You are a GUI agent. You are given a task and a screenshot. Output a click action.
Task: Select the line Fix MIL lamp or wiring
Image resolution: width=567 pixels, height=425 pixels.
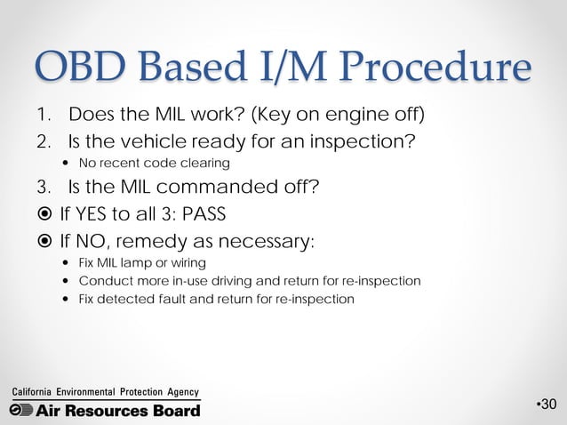142,263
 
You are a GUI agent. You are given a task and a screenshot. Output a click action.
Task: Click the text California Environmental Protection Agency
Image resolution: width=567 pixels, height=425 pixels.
104,392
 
